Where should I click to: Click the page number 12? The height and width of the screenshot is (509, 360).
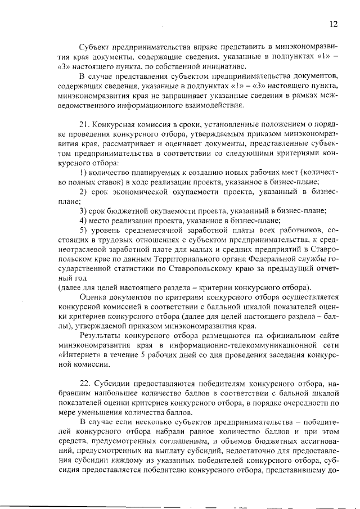(333, 24)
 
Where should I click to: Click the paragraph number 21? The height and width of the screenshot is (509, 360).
(85, 124)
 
